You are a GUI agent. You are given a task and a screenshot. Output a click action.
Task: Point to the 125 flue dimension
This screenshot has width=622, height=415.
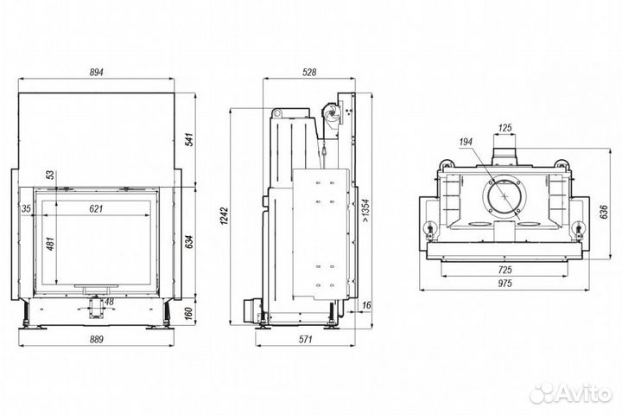tap(506, 128)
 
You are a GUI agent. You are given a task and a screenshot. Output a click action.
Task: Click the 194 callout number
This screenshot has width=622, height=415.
tap(466, 141)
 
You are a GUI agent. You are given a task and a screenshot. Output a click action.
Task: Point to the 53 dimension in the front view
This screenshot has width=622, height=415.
tap(50, 175)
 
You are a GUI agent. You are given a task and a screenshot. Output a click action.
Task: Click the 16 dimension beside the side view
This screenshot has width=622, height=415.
tap(366, 305)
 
